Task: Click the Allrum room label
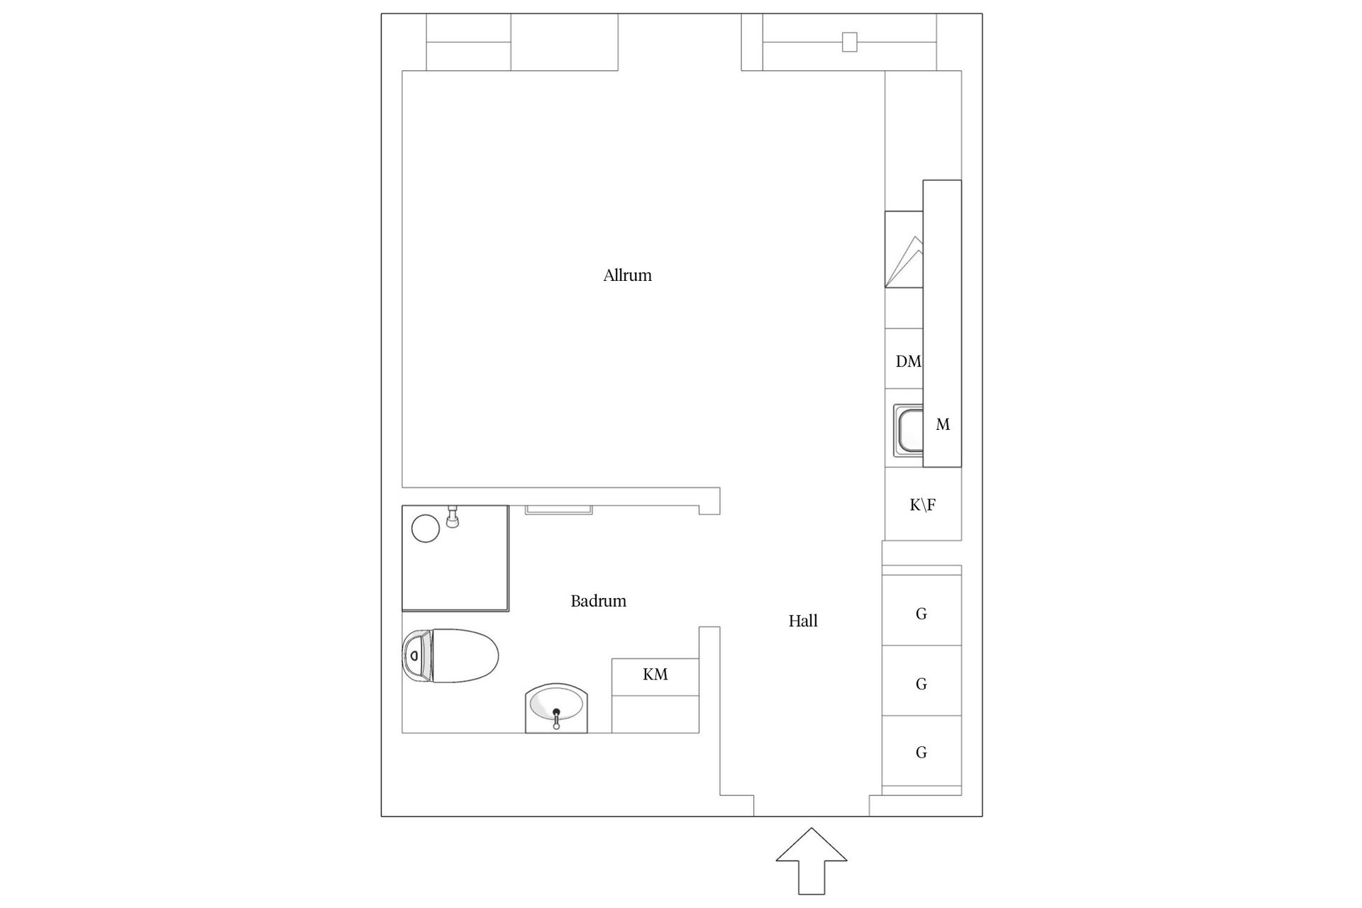tap(627, 275)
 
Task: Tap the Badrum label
tap(598, 601)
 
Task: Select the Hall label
tap(803, 621)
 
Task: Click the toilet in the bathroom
tap(450, 655)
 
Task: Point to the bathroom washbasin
tap(557, 708)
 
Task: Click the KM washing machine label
tap(655, 674)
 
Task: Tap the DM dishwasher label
tap(908, 362)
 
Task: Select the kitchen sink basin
tap(909, 432)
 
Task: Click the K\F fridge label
tap(922, 505)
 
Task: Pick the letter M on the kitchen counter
tap(943, 424)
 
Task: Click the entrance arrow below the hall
tap(812, 860)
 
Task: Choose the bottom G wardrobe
tap(921, 751)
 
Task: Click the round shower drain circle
tap(426, 528)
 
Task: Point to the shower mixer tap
tap(453, 518)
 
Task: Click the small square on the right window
tap(849, 42)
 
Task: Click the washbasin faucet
tap(556, 718)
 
